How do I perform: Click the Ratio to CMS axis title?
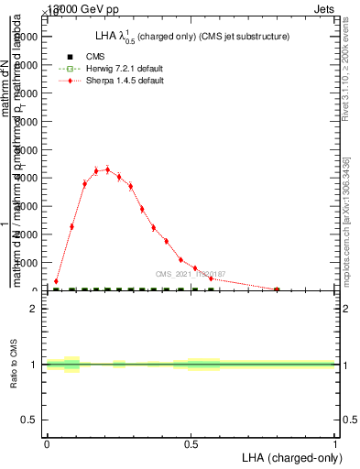[x=16, y=365]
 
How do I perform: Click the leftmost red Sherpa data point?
[x=56, y=281]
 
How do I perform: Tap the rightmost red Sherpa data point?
[x=277, y=289]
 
